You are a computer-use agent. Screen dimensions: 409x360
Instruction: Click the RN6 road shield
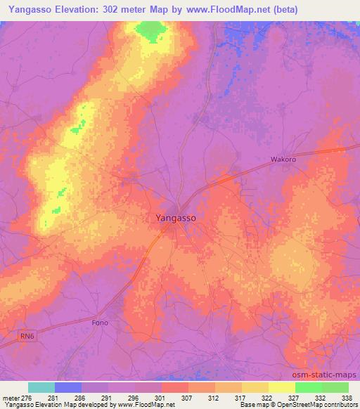tap(27, 337)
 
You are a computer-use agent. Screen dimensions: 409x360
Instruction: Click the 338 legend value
tap(347, 398)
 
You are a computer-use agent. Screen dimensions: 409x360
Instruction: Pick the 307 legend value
tap(186, 398)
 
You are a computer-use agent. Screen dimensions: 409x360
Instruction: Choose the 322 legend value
tap(266, 398)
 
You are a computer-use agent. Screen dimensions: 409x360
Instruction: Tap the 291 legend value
tap(106, 398)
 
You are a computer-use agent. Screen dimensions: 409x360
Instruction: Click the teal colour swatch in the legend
tap(41, 387)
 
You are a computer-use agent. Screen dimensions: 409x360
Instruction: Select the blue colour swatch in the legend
tap(68, 387)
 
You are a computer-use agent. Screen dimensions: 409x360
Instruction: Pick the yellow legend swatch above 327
tap(282, 387)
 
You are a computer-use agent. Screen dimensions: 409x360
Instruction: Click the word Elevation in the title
tap(88, 10)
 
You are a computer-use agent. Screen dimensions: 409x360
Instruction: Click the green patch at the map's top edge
tap(150, 30)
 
